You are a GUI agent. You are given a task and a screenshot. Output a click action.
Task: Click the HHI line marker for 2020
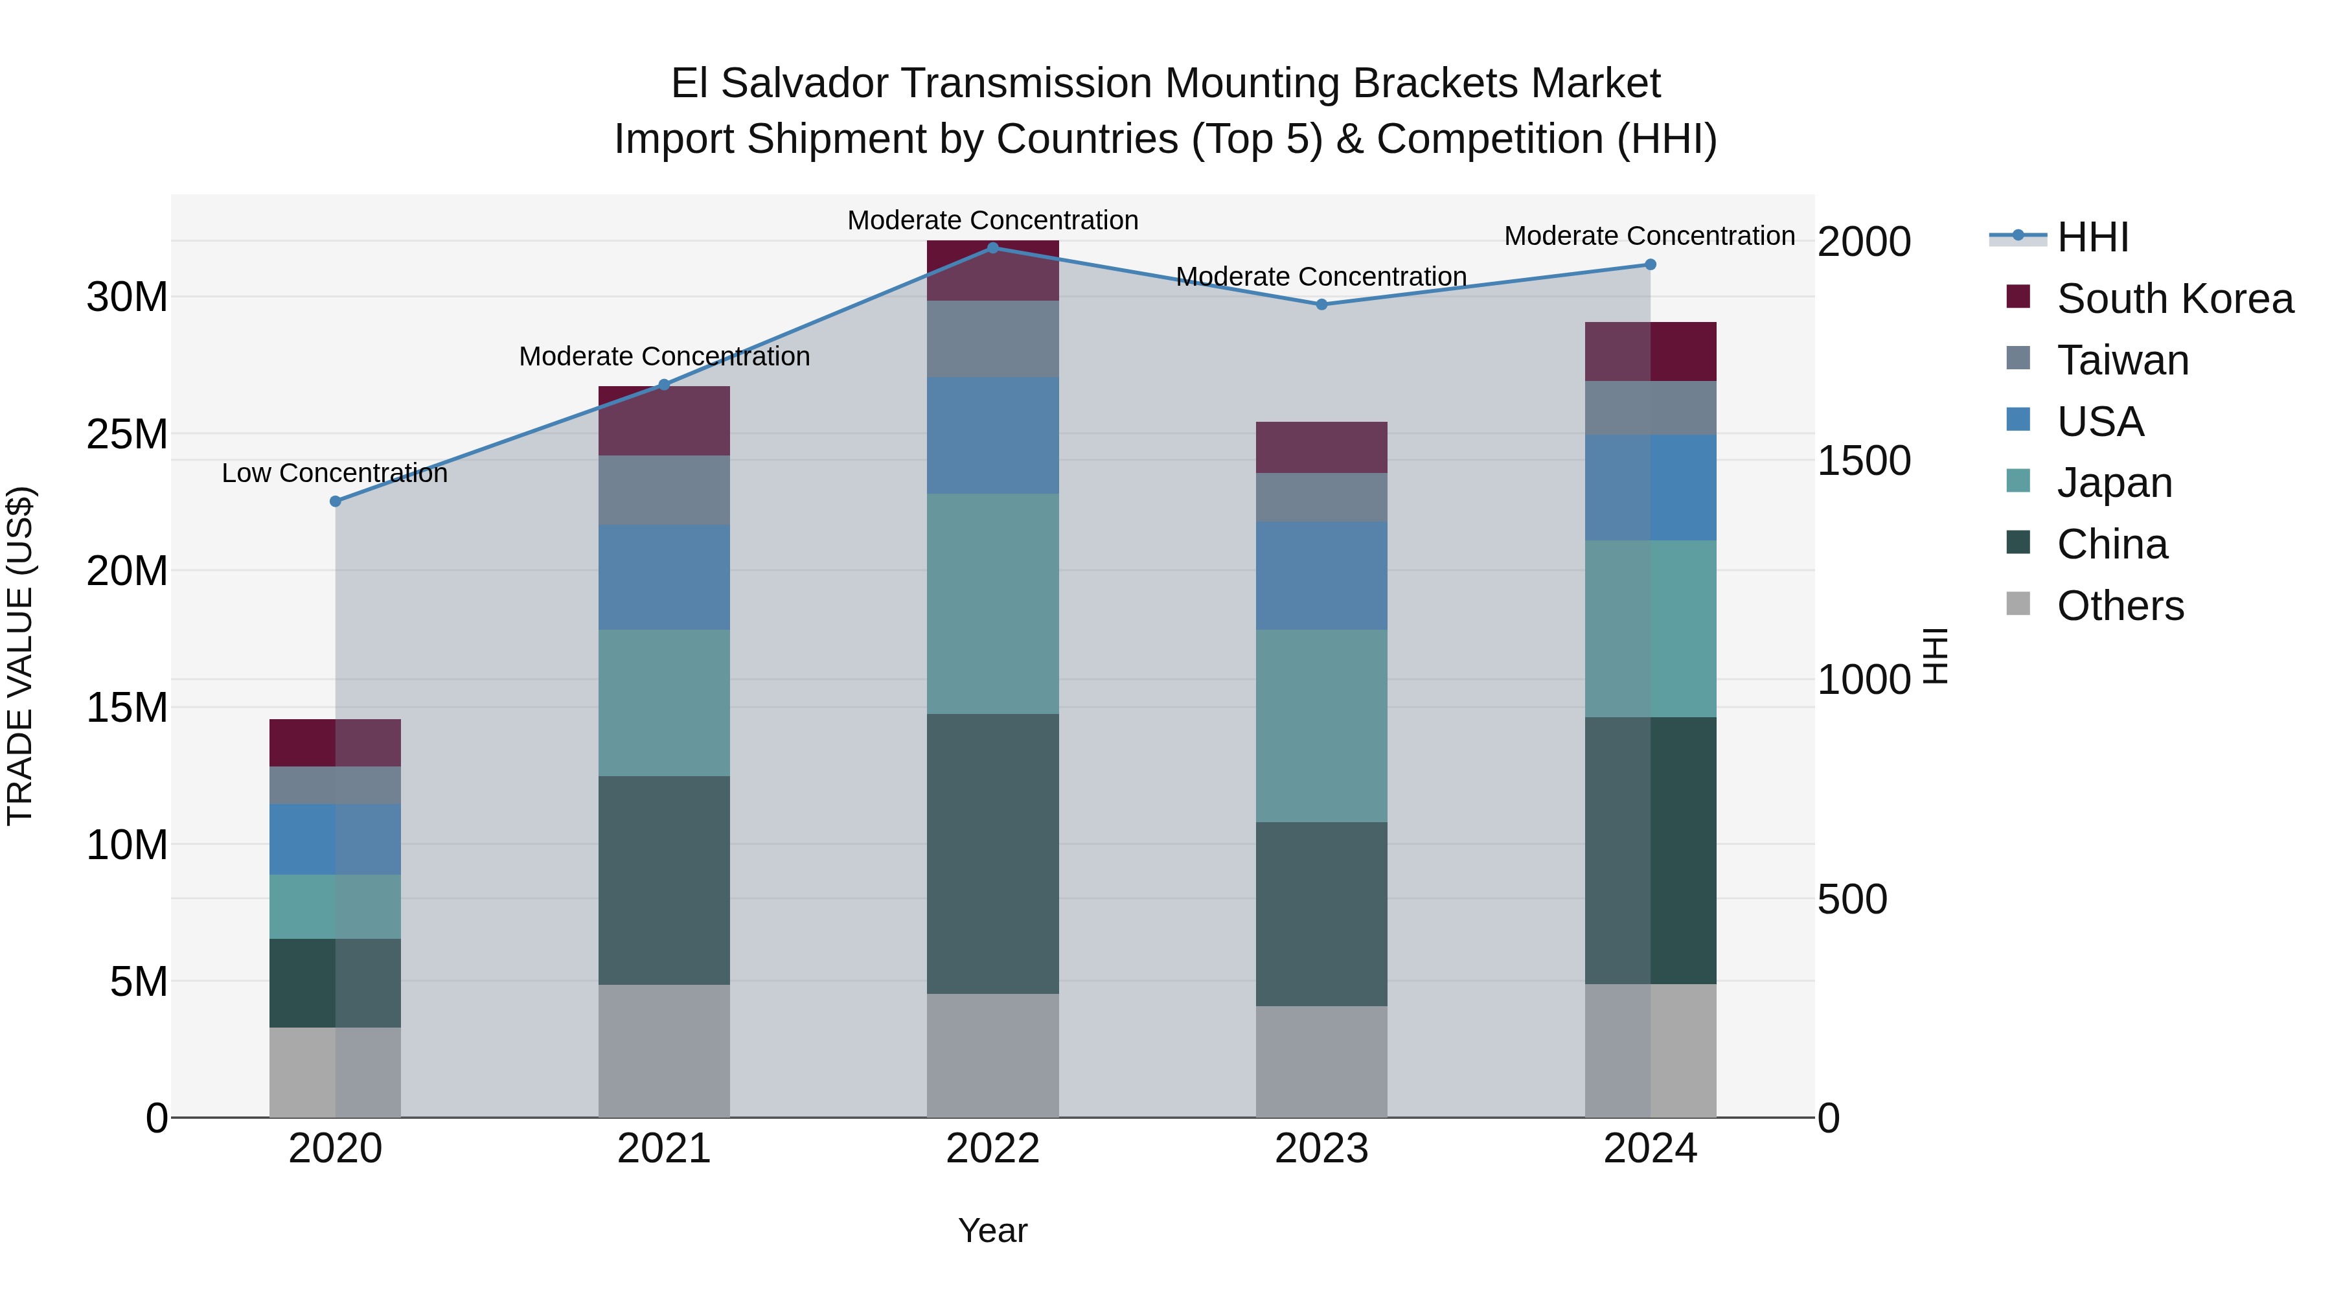point(335,501)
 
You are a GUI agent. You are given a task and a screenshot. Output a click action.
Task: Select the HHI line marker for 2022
point(992,247)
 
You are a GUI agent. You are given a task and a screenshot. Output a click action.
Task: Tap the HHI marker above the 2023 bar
point(1321,305)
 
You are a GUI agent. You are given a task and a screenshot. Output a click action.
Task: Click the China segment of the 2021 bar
point(663,879)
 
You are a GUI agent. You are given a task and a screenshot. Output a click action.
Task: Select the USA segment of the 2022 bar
point(992,435)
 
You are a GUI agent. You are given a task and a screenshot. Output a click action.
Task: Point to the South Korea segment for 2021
point(663,421)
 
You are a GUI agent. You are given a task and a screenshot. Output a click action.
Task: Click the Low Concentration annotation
point(334,473)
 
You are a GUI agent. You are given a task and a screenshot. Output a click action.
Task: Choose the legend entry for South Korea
point(2175,299)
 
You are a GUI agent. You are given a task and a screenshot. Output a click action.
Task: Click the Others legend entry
point(2120,605)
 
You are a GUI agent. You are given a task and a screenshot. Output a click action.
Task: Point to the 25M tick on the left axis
point(127,433)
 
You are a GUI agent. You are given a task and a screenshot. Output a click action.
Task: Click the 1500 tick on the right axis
point(1863,460)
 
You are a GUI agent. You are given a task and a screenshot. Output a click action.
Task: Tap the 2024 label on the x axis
point(1649,1148)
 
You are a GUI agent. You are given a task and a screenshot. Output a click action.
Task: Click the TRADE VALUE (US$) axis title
point(20,656)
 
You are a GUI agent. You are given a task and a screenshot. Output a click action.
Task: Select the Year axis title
point(992,1230)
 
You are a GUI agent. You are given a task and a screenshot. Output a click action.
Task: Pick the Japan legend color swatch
point(2018,481)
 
